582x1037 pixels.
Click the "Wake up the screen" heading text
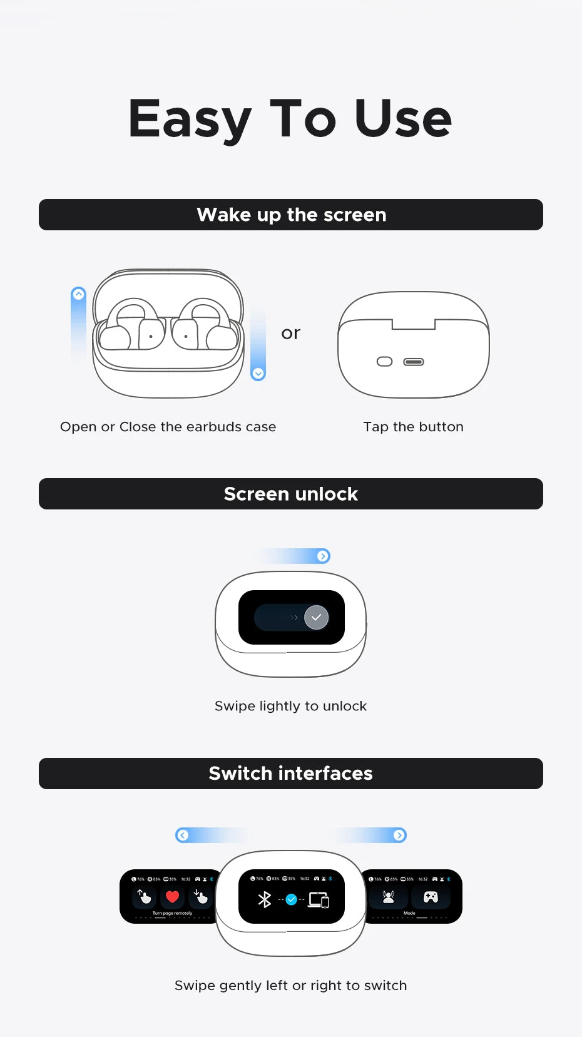[x=291, y=215]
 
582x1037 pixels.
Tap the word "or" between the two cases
[x=290, y=333]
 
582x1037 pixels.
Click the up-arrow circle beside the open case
[x=78, y=294]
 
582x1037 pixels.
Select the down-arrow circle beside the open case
[x=258, y=374]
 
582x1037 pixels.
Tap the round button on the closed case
[x=384, y=362]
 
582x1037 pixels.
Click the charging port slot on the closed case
[x=414, y=362]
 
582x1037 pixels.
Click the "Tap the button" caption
[x=413, y=427]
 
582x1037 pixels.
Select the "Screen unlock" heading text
[x=291, y=494]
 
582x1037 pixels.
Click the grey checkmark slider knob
[x=316, y=618]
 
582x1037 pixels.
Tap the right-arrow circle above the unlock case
[x=323, y=556]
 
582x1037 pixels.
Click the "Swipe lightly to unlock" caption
[x=290, y=706]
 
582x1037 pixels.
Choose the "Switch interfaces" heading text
[x=291, y=773]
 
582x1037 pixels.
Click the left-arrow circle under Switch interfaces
[x=183, y=835]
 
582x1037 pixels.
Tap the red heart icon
[x=172, y=897]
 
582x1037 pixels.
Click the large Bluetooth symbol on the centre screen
[x=265, y=900]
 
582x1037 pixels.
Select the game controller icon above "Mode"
[x=431, y=897]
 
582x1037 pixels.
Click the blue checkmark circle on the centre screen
[x=291, y=900]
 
